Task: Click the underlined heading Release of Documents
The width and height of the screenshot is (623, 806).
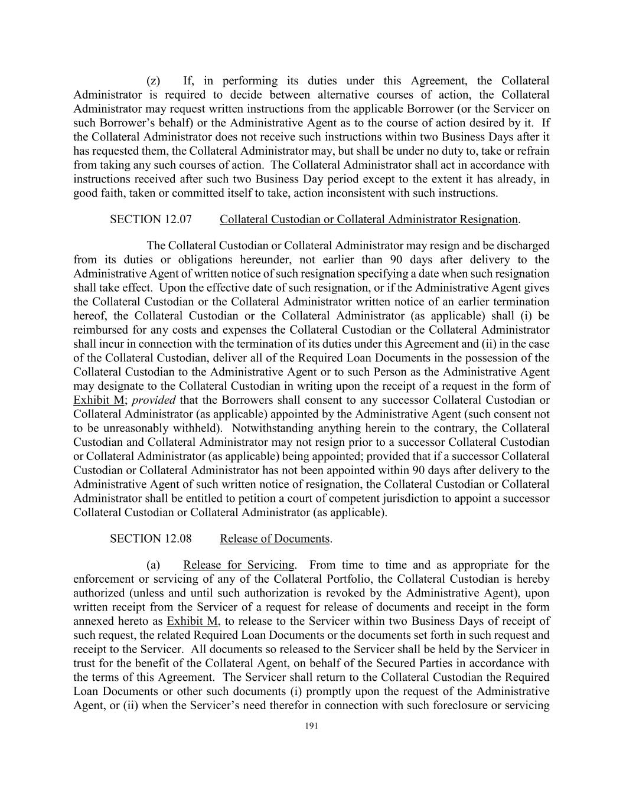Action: (x=275, y=539)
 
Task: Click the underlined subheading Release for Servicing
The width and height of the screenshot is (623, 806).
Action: (x=239, y=565)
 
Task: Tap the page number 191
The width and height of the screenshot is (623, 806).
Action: (x=311, y=726)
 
